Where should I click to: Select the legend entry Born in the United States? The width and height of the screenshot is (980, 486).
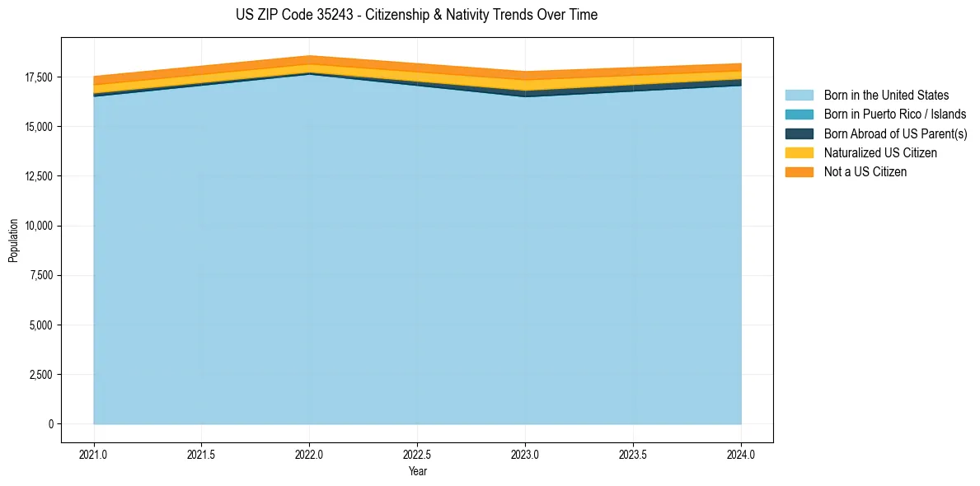pyautogui.click(x=886, y=96)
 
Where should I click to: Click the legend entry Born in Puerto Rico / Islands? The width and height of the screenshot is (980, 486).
pyautogui.click(x=895, y=114)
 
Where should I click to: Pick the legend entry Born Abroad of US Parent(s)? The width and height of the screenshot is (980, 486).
pyautogui.click(x=895, y=133)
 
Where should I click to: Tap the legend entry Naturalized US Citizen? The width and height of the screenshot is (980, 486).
pyautogui.click(x=880, y=152)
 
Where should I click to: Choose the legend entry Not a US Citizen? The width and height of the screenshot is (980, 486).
pyautogui.click(x=865, y=171)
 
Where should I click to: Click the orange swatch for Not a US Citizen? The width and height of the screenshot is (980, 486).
pyautogui.click(x=799, y=171)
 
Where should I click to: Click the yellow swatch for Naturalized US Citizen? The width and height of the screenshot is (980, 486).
pyautogui.click(x=799, y=152)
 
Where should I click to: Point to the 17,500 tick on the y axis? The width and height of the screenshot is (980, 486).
pyautogui.click(x=39, y=77)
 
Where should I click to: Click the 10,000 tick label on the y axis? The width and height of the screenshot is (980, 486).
pyautogui.click(x=39, y=226)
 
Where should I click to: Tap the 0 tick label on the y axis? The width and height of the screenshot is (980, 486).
pyautogui.click(x=50, y=424)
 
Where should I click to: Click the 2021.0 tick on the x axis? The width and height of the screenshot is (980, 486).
pyautogui.click(x=94, y=454)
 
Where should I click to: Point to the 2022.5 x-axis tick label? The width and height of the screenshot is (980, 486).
pyautogui.click(x=417, y=454)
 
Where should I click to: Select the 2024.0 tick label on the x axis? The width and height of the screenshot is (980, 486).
pyautogui.click(x=741, y=454)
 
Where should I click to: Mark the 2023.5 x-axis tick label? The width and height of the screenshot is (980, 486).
pyautogui.click(x=633, y=454)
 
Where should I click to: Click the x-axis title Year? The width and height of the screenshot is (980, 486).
pyautogui.click(x=417, y=471)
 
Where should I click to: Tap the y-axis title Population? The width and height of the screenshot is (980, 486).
pyautogui.click(x=13, y=241)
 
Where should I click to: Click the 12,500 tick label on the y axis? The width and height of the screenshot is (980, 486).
pyautogui.click(x=39, y=176)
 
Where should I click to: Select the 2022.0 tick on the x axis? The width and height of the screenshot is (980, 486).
pyautogui.click(x=309, y=454)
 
